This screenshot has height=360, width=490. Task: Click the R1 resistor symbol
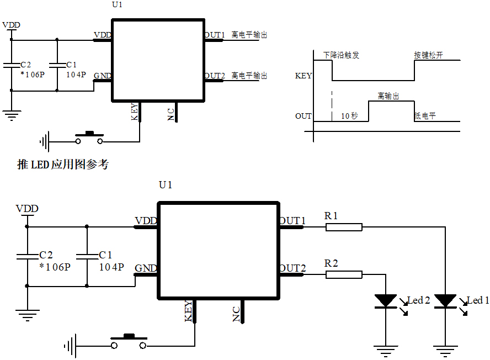click(x=344, y=226)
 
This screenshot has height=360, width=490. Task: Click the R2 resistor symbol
click(x=344, y=274)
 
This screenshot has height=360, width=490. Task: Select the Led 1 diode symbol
click(x=445, y=301)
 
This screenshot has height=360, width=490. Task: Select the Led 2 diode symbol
click(x=385, y=301)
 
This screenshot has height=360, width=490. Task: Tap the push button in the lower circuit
click(x=129, y=341)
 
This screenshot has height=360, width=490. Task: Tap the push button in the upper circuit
click(x=89, y=137)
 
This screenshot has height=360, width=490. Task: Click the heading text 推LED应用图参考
click(x=63, y=165)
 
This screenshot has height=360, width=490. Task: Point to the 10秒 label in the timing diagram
click(x=349, y=116)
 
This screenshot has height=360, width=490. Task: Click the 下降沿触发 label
click(x=341, y=55)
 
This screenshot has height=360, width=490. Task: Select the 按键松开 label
click(x=428, y=55)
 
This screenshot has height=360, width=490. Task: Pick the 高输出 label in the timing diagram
click(x=388, y=96)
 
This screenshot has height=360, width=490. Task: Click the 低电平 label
click(x=425, y=116)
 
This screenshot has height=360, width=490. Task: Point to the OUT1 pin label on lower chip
click(x=292, y=221)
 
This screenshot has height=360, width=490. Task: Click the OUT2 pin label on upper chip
click(x=215, y=76)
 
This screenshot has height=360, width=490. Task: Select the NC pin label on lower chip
click(x=236, y=314)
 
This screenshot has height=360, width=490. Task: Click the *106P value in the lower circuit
click(x=55, y=267)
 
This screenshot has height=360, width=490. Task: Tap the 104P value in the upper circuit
click(x=76, y=75)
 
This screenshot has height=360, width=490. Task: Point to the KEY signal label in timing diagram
click(x=303, y=76)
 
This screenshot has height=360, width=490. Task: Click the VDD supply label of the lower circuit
click(x=27, y=209)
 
